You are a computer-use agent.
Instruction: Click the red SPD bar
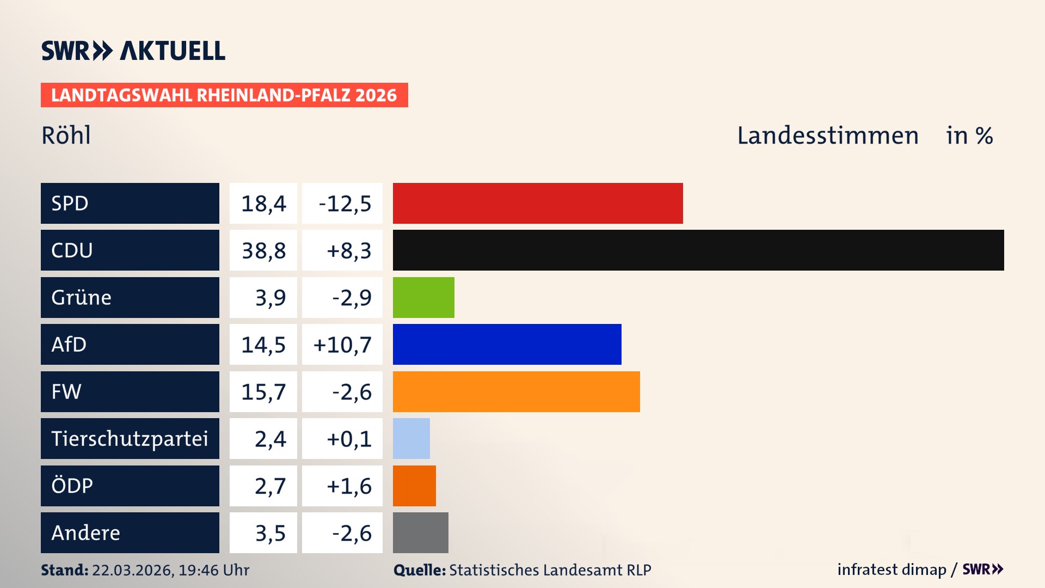click(x=538, y=203)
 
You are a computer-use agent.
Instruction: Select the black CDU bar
click(x=698, y=250)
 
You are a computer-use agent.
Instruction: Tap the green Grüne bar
click(x=423, y=297)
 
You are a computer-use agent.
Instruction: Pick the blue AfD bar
click(x=507, y=344)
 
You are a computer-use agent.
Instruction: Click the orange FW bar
click(x=516, y=391)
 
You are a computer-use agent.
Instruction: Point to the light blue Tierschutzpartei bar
click(x=411, y=438)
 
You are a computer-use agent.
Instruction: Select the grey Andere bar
click(x=420, y=532)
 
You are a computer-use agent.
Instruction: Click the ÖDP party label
click(x=72, y=486)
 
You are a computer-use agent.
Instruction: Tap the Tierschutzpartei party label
click(x=130, y=438)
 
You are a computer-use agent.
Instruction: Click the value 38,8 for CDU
click(x=263, y=250)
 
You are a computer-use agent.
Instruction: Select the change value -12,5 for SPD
click(x=345, y=204)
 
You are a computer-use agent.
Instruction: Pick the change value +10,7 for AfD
click(x=342, y=345)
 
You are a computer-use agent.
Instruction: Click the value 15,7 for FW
click(x=263, y=391)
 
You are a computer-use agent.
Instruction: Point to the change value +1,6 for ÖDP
click(x=348, y=486)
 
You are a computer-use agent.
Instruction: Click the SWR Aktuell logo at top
click(x=133, y=51)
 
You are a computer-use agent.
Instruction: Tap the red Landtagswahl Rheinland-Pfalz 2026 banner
click(x=224, y=95)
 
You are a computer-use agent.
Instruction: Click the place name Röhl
click(x=66, y=135)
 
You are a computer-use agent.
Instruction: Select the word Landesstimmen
click(x=827, y=135)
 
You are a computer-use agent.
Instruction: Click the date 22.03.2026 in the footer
click(x=132, y=570)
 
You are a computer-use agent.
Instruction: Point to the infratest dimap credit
click(x=891, y=569)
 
